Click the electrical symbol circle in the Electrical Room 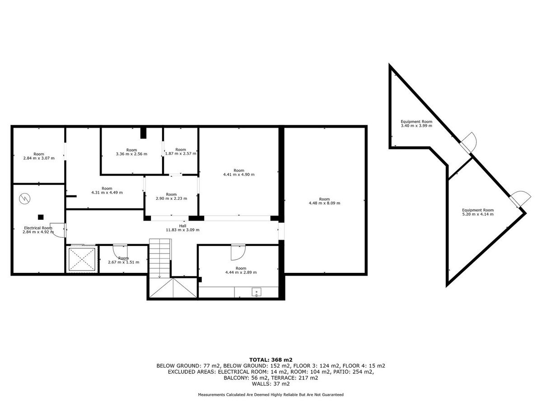[x=25, y=198]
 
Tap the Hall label [x=182, y=226]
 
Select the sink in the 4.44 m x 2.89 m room [x=256, y=292]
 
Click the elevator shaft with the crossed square [x=82, y=259]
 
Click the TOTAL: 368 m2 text [x=271, y=360]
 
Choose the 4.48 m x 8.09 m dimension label [x=324, y=203]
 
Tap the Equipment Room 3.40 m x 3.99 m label [x=416, y=124]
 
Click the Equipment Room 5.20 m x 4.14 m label [x=478, y=212]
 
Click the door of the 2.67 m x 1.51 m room [x=120, y=251]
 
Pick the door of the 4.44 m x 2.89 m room [x=238, y=253]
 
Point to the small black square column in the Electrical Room [x=41, y=217]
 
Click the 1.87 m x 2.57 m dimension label [x=181, y=153]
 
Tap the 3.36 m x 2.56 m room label [x=131, y=152]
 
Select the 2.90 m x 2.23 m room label [x=171, y=196]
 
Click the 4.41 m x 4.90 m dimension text [x=239, y=175]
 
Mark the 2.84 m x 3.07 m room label [x=39, y=156]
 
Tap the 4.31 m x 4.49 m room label [x=107, y=190]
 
